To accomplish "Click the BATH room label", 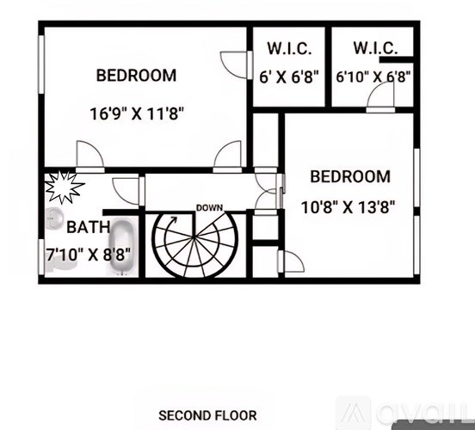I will tap(89, 228).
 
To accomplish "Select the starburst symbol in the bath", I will tap(64, 187).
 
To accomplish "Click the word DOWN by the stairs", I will tap(209, 208).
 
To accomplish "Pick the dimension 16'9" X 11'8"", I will tap(137, 113).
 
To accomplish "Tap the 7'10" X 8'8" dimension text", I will tap(89, 255).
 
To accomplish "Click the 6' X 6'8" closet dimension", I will tap(289, 77).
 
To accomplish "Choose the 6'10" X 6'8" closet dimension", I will tap(373, 77).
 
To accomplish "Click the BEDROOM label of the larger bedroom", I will tap(136, 76).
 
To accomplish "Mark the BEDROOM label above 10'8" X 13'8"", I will tap(350, 177).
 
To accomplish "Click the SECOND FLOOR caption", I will tap(207, 415).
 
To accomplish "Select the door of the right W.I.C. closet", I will tap(379, 97).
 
